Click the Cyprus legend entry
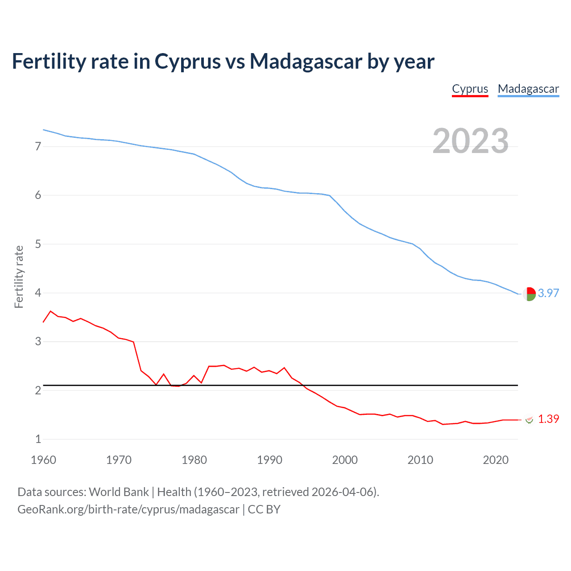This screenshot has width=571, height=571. [x=470, y=89]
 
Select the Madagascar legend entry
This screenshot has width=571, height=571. [x=528, y=89]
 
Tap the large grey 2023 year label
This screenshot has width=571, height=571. [x=471, y=141]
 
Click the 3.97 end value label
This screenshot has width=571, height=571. [x=548, y=293]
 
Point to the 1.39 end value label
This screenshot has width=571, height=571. [x=548, y=419]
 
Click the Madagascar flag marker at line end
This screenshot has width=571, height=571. [x=529, y=294]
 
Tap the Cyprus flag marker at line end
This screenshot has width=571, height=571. [x=530, y=419]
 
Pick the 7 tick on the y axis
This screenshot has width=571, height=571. [x=38, y=146]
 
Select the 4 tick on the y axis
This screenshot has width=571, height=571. [x=38, y=293]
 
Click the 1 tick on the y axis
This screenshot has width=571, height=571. [x=38, y=439]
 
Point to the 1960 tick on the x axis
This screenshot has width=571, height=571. [x=43, y=460]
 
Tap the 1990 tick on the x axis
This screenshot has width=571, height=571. [x=269, y=460]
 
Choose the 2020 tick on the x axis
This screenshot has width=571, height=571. [x=496, y=460]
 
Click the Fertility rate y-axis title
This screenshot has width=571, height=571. [x=19, y=277]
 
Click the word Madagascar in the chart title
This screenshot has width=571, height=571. [x=306, y=61]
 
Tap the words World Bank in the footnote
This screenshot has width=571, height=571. [x=119, y=492]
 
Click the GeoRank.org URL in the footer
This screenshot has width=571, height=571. [x=128, y=509]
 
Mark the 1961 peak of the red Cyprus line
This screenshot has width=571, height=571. [x=50, y=311]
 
